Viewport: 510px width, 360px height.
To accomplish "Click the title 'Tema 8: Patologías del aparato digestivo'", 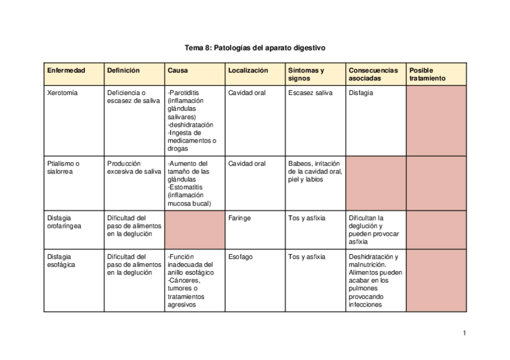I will [255, 46].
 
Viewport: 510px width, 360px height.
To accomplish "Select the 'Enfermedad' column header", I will [66, 70].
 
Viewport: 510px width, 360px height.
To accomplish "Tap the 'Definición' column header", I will [123, 70].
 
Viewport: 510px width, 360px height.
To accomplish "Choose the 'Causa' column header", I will [178, 70].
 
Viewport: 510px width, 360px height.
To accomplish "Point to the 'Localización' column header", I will [248, 70].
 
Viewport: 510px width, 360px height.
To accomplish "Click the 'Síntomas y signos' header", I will [306, 74].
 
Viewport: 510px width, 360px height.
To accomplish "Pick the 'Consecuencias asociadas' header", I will [373, 74].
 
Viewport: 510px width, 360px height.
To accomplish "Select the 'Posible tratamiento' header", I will [428, 74].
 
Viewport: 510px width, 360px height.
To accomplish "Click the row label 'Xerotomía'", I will [63, 93].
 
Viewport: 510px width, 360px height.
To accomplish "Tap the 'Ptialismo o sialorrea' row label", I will [64, 168].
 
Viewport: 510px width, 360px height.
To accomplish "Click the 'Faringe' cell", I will [239, 218].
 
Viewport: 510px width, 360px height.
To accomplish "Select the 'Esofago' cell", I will [241, 257].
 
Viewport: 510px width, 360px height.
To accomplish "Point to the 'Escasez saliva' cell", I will [310, 93].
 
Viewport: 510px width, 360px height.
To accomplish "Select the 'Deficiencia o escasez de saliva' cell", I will [134, 97].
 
